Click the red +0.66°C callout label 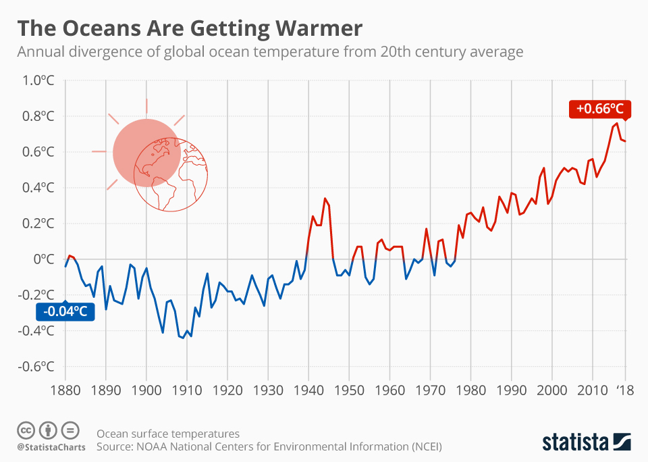pos(599,109)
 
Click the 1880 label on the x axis pos(65,391)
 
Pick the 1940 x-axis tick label pos(308,391)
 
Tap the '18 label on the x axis pos(625,391)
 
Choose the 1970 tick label pos(430,391)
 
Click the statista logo pos(587,442)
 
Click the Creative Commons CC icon pos(26,430)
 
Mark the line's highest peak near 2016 pos(617,123)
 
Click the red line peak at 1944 pos(325,198)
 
